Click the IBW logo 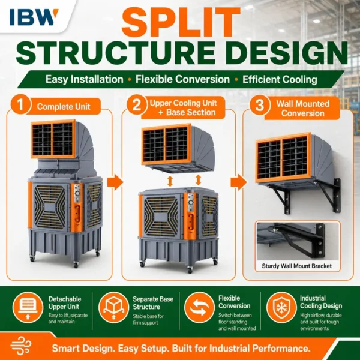pyautogui.click(x=34, y=17)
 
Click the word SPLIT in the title pyautogui.click(x=181, y=21)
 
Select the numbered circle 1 pyautogui.click(x=20, y=105)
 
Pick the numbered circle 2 pyautogui.click(x=137, y=104)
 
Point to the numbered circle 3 pyautogui.click(x=260, y=105)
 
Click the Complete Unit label pyautogui.click(x=64, y=107)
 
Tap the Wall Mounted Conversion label pyautogui.click(x=303, y=109)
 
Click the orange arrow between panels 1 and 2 pyautogui.click(x=115, y=182)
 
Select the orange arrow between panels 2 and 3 pyautogui.click(x=239, y=182)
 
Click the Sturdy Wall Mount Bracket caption pyautogui.click(x=296, y=266)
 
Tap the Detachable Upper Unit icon pyautogui.click(x=28, y=307)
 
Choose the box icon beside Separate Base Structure pyautogui.click(x=113, y=307)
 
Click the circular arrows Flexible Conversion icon pyautogui.click(x=199, y=307)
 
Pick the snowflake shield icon pyautogui.click(x=281, y=307)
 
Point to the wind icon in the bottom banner pyautogui.click(x=20, y=346)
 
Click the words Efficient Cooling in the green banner pyautogui.click(x=280, y=79)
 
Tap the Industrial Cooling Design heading pyautogui.click(x=321, y=302)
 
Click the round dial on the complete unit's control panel pyautogui.click(x=77, y=193)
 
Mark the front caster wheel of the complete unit pyautogui.click(x=76, y=265)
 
